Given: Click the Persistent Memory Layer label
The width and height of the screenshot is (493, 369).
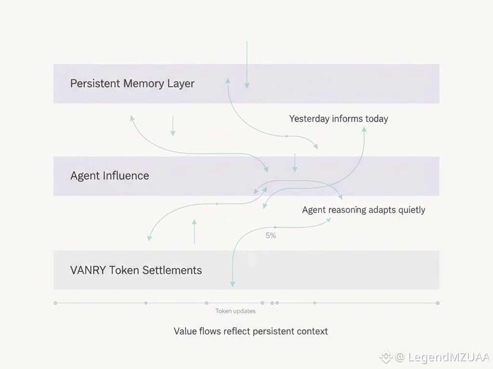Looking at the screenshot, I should click(132, 84).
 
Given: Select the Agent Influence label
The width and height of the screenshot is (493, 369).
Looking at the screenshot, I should click(110, 176).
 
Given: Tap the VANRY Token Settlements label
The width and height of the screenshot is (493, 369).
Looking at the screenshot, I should click(136, 270).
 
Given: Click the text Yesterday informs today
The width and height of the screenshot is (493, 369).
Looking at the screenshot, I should click(338, 119).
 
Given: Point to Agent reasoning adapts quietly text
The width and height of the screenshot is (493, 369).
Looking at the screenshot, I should click(363, 210).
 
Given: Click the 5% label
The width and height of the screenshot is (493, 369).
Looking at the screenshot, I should click(271, 236).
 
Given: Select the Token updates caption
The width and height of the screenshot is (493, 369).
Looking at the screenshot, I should click(235, 311).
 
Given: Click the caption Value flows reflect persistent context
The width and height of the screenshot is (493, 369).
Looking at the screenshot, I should click(251, 332).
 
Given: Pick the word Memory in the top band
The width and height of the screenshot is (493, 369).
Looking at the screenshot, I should click(144, 84).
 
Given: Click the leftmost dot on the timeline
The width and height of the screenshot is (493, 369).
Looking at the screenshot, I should click(55, 303).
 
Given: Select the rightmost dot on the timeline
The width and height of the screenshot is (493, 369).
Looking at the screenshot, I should click(438, 303).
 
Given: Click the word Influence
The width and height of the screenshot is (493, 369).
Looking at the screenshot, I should click(125, 176).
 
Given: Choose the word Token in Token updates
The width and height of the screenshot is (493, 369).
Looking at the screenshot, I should click(223, 311).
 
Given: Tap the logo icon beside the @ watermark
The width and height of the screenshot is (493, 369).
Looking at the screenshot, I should click(386, 357).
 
